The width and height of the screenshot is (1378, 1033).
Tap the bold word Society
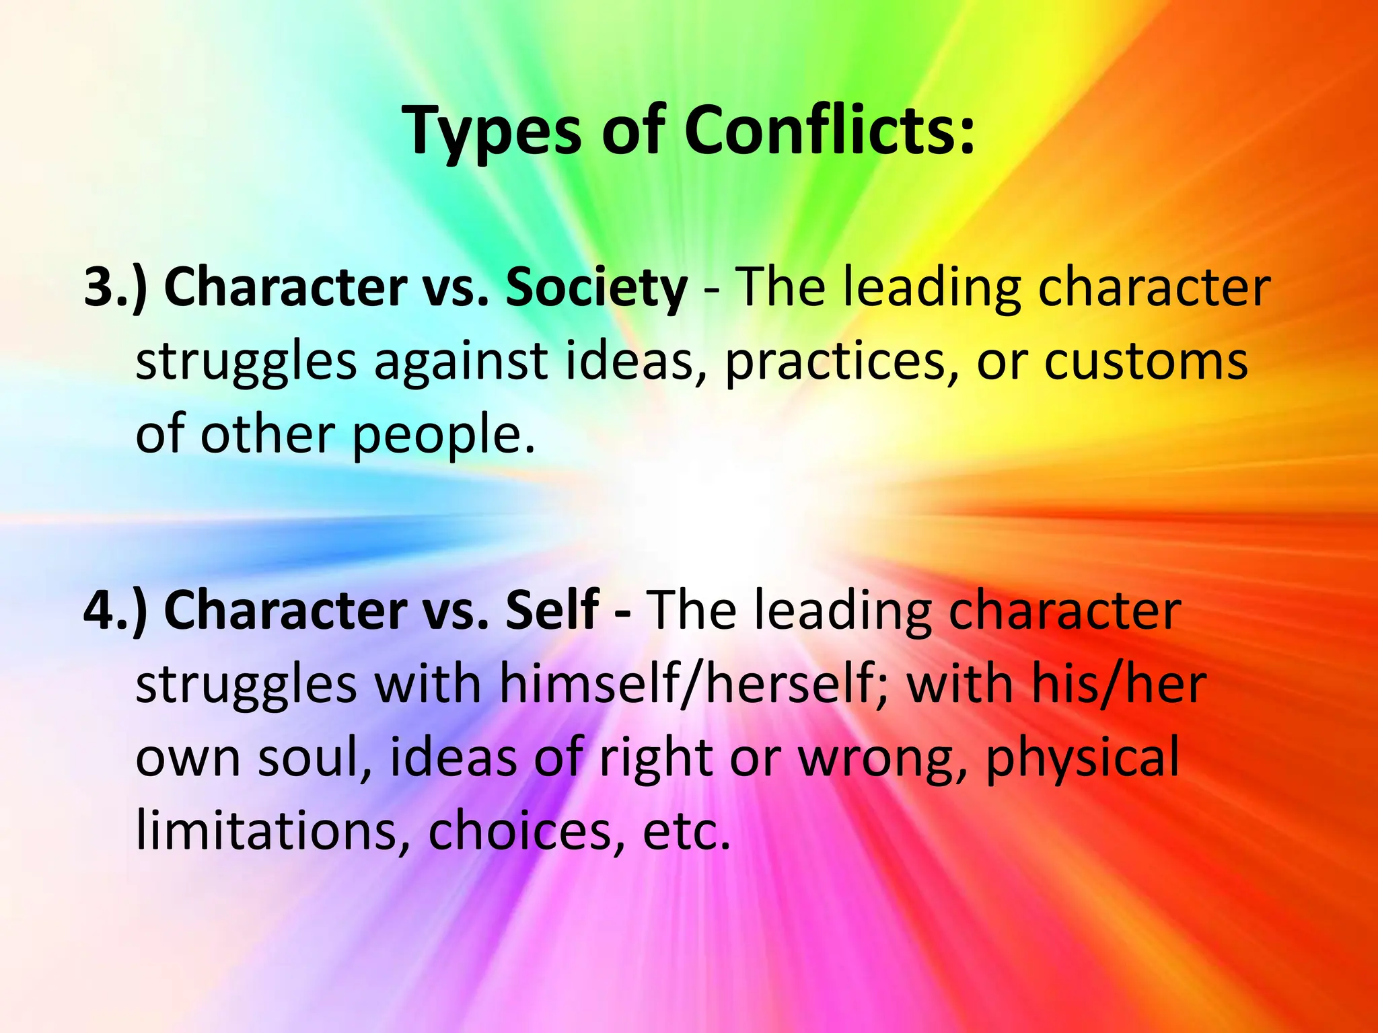[596, 289]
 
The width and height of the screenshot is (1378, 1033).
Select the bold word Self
[552, 610]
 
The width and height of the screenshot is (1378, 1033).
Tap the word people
[444, 436]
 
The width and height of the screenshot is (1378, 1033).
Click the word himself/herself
[694, 685]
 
